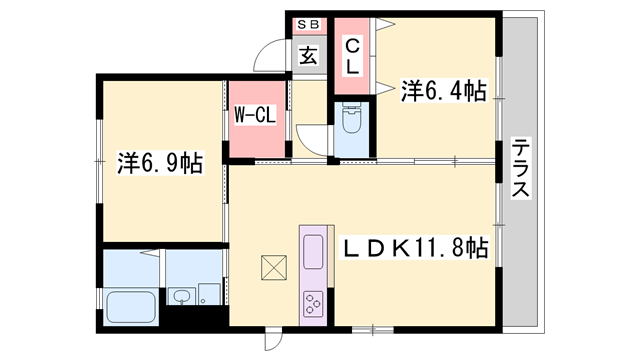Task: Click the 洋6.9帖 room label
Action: click(x=159, y=162)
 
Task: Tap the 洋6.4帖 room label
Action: click(x=444, y=92)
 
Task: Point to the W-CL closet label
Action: click(x=255, y=116)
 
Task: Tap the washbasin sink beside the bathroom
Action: click(x=182, y=296)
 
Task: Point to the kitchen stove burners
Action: click(x=313, y=301)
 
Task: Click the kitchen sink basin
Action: click(x=312, y=249)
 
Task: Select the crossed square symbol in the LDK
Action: click(x=273, y=267)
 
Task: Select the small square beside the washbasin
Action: click(x=208, y=294)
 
